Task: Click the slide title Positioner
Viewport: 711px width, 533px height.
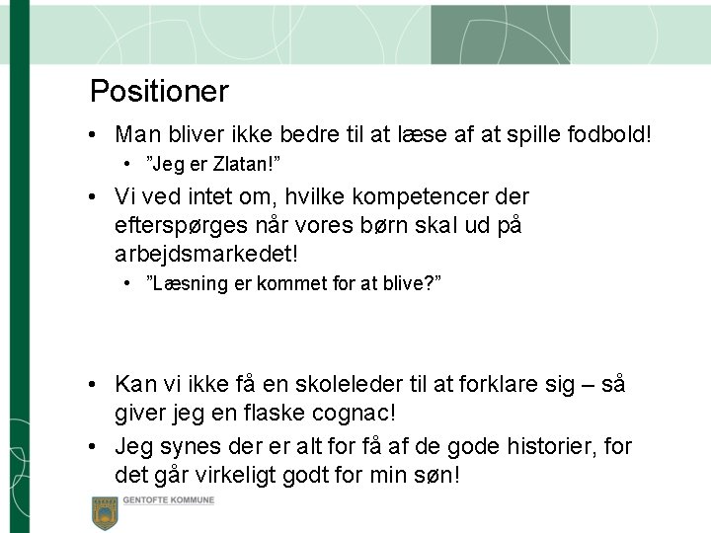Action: (159, 92)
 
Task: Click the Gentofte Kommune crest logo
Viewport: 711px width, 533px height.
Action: (105, 511)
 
